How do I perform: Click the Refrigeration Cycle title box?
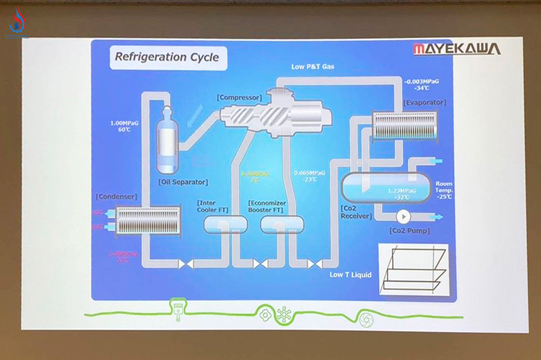[x=167, y=57]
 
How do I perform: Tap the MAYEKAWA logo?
[x=457, y=49]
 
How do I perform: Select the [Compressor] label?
[x=239, y=97]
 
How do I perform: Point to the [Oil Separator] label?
[x=183, y=182]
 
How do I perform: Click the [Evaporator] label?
[x=425, y=102]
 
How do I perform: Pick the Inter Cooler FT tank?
[x=225, y=224]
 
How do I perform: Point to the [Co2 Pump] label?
[x=409, y=231]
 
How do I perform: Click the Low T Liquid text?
[x=351, y=275]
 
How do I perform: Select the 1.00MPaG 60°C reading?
[x=124, y=126]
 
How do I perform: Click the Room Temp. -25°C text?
[x=444, y=190]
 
